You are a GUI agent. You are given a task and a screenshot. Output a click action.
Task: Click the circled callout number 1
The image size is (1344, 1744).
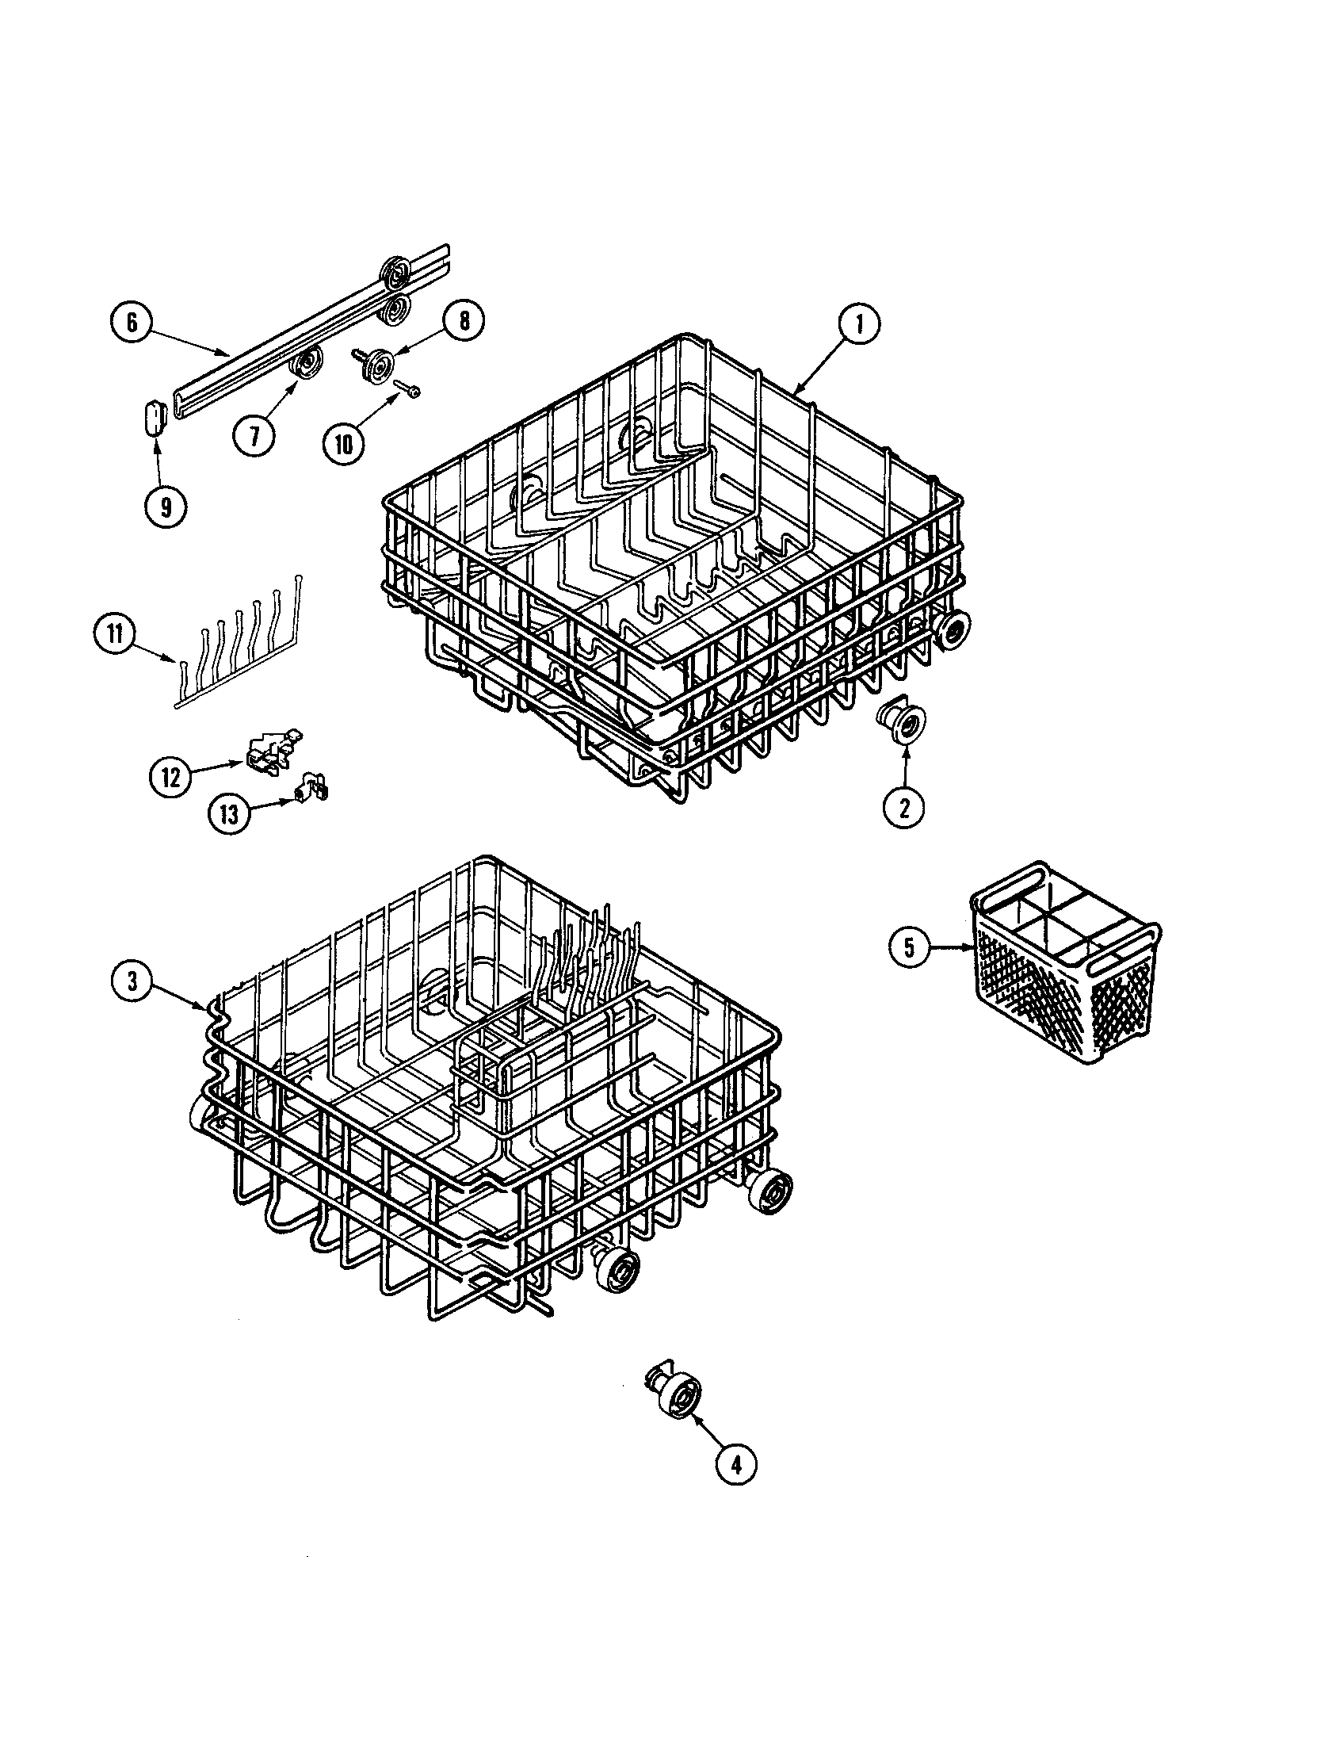click(x=858, y=325)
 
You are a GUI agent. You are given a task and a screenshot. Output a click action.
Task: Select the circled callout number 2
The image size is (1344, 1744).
click(x=904, y=808)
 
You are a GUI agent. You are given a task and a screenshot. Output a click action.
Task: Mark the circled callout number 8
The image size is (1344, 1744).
click(x=462, y=322)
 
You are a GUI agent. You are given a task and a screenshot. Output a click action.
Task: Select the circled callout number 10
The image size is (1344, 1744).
click(x=344, y=443)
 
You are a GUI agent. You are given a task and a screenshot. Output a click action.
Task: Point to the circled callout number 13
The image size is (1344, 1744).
click(x=229, y=815)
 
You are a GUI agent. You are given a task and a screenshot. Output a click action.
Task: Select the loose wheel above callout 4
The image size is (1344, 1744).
click(x=675, y=1392)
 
